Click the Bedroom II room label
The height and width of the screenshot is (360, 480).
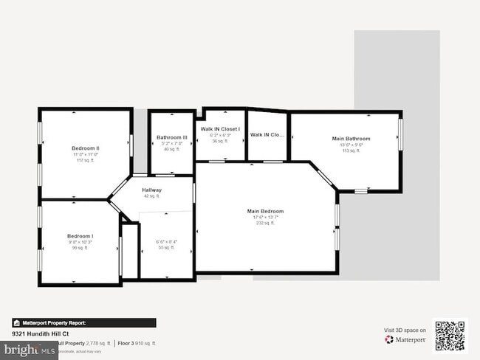86,148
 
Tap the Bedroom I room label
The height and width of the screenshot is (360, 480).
80,236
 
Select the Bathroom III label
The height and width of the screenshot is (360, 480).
171,137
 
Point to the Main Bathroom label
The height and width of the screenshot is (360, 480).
351,139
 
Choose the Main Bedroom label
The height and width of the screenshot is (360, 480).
265,211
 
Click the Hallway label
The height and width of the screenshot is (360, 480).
151,190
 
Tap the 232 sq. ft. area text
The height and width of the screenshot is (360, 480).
265,224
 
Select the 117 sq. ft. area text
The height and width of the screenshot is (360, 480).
86,160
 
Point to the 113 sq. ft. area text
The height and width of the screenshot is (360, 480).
351,150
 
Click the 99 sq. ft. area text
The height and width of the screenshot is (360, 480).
80,248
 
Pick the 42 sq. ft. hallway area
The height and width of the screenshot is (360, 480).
151,196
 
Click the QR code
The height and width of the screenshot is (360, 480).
450,336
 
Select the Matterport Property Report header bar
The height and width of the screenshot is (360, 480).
83,322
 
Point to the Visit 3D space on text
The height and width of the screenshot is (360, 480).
405,330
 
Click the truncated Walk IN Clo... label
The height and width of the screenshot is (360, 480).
267,135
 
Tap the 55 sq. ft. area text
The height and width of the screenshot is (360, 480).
167,248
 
